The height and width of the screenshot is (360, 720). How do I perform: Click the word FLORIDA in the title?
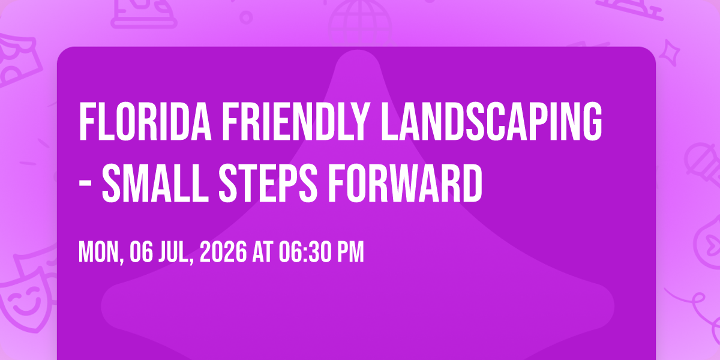[x=145, y=121]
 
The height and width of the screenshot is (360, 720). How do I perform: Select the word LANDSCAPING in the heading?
[x=491, y=121]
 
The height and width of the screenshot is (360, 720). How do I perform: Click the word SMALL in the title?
[x=155, y=182]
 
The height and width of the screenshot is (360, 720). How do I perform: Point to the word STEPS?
[x=268, y=182]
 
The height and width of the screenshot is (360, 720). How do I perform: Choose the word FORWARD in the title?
[x=405, y=182]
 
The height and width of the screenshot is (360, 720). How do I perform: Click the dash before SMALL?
[x=85, y=184]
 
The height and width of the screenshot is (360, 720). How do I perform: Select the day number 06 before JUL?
[x=141, y=252]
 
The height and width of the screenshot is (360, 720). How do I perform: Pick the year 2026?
[x=223, y=252]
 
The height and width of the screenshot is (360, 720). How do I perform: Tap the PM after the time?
[x=350, y=252]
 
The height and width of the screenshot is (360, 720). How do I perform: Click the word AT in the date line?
[x=263, y=252]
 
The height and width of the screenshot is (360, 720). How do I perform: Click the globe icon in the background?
[x=360, y=23]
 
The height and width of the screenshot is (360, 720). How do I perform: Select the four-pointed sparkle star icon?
[x=670, y=53]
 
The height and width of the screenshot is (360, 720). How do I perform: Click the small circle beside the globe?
[x=246, y=17]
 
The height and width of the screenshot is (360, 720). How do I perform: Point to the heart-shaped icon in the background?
[x=708, y=244]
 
